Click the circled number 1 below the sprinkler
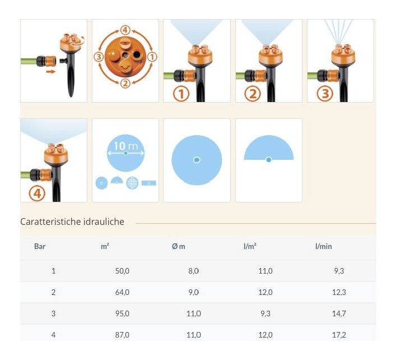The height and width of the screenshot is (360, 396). coord(181,94)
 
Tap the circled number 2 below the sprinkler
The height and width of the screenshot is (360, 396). coord(253,94)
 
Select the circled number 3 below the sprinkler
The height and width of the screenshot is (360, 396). coord(325,94)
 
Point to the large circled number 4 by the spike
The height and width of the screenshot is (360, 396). coord(37,193)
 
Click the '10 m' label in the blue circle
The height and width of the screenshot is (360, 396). coord(126,146)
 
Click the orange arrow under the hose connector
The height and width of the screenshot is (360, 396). coord(51,72)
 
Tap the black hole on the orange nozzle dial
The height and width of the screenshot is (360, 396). coord(137,54)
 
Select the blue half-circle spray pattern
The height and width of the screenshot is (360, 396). coord(269,148)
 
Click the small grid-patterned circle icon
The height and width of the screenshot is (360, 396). coord(132,183)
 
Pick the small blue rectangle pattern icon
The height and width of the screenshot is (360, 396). coord(149,183)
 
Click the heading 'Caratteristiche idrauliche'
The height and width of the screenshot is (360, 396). coord(72,221)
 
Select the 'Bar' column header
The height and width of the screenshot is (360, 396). coord(40,246)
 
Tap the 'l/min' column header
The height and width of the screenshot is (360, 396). coord(324,246)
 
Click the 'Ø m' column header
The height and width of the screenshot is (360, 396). coord(178,246)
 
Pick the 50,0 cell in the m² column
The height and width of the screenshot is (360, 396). coord(122,271)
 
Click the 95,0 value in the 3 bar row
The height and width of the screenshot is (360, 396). coord(122,313)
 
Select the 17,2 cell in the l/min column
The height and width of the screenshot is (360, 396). coord(339,335)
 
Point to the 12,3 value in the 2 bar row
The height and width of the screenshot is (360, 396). coord(339,292)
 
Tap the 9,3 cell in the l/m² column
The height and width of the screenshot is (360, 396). coord(265,313)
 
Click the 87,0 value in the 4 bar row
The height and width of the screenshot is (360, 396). coord(122,335)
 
